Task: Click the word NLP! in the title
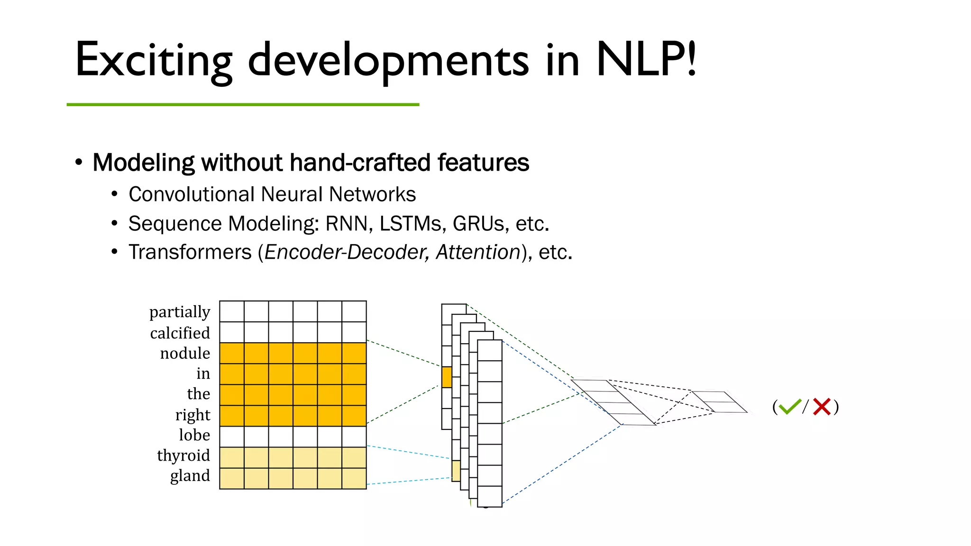click(646, 60)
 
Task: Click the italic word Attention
click(478, 252)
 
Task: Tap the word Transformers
click(190, 252)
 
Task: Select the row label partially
click(180, 312)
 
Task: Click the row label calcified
click(180, 333)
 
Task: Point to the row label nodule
click(185, 353)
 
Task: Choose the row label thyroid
click(183, 455)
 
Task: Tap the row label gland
click(190, 475)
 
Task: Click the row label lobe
click(194, 435)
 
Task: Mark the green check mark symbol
click(789, 407)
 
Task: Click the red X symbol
click(822, 407)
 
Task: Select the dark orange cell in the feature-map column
click(447, 377)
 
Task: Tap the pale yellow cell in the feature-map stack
click(456, 471)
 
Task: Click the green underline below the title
click(243, 104)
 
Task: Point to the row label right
click(192, 415)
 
